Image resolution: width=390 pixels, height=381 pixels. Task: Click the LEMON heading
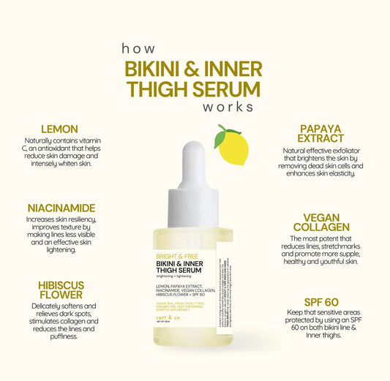point(60,129)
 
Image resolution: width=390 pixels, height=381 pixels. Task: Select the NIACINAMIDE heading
point(61,208)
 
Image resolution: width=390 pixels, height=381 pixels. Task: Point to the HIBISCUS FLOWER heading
point(61,290)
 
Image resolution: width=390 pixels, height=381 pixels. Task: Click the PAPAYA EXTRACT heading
point(321,133)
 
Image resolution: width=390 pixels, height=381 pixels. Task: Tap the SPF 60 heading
point(321,301)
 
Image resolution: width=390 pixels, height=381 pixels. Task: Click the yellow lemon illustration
point(233,147)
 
